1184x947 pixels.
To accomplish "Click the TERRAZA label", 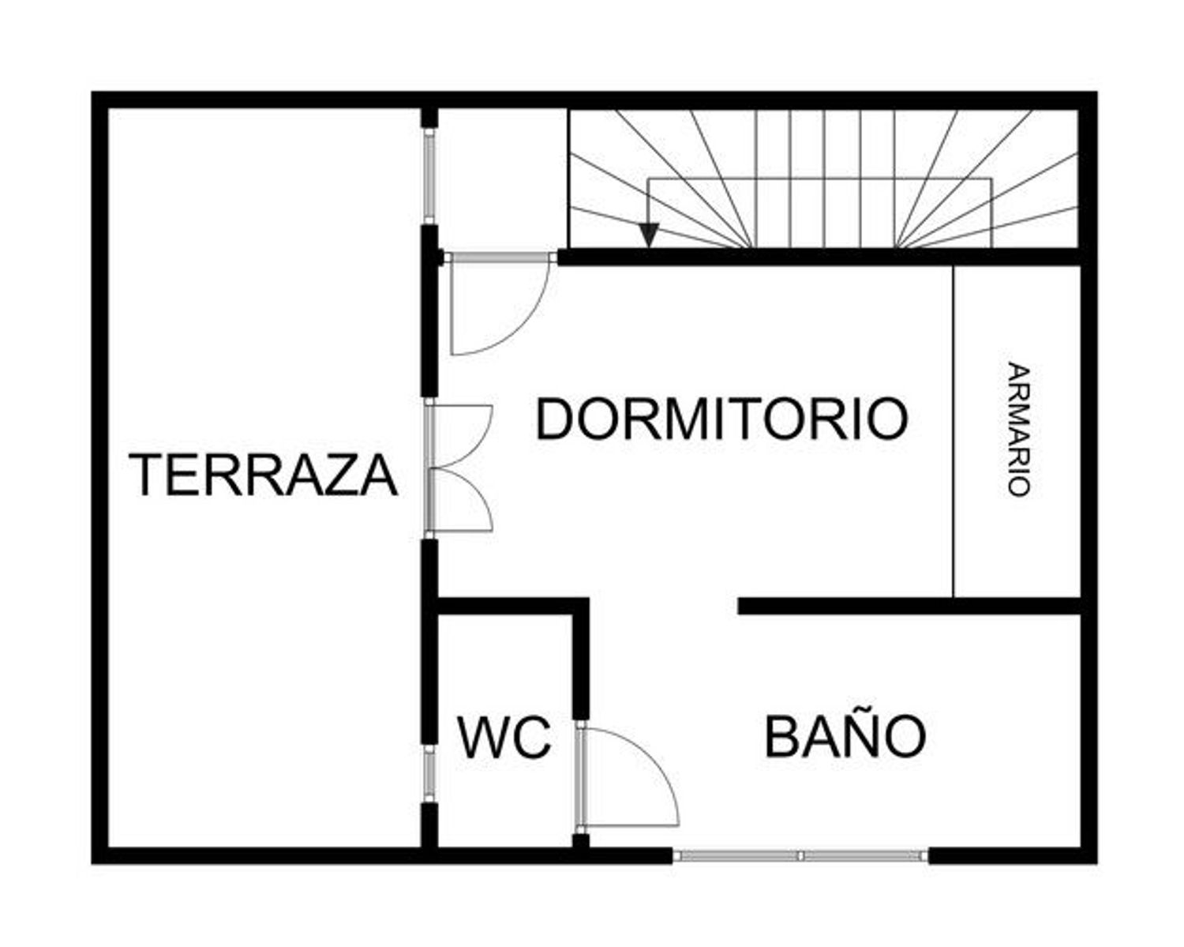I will (264, 474).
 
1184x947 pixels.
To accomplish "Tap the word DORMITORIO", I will (721, 419).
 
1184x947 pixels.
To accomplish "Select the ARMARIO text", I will (1019, 429).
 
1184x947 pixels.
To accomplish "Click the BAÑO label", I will (845, 736).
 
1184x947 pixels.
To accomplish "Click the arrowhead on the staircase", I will (649, 235).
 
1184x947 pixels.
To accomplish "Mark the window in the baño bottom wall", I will (800, 855).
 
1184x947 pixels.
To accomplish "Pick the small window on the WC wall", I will (429, 774).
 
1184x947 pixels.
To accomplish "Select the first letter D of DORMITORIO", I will (554, 419).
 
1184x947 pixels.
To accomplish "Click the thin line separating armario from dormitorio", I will (954, 430).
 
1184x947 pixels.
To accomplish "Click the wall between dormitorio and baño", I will (908, 606).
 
